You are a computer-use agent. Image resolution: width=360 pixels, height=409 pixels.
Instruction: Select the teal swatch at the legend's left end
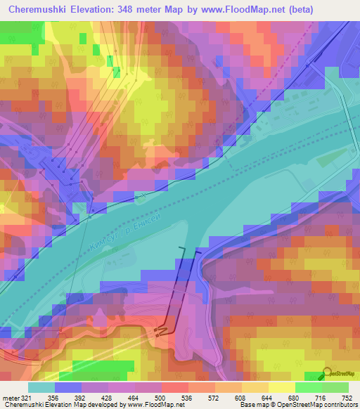click(x=41, y=387)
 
